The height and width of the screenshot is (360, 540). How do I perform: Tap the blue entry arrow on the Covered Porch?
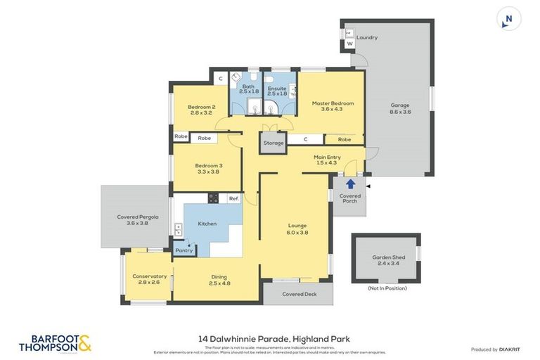click(350, 184)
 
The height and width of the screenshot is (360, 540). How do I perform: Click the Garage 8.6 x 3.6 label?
click(400, 108)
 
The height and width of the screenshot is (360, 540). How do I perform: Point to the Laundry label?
click(367, 37)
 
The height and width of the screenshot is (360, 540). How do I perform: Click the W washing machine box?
click(349, 44)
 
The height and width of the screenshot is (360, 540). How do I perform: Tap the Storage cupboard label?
click(274, 143)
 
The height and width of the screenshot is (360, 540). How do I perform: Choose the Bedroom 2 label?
click(201, 110)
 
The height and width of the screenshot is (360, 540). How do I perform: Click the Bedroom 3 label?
click(209, 168)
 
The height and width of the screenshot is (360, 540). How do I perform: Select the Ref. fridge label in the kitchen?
click(234, 199)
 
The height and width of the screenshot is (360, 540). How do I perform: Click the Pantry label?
click(184, 250)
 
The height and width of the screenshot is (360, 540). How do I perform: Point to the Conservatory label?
click(149, 278)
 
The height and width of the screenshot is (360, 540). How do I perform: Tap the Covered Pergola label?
click(138, 219)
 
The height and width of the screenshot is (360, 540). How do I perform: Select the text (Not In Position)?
click(387, 288)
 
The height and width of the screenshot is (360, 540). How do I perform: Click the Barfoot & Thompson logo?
click(55, 343)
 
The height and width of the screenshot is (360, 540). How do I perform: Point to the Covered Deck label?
click(299, 294)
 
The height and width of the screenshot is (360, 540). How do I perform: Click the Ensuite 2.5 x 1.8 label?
click(277, 91)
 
